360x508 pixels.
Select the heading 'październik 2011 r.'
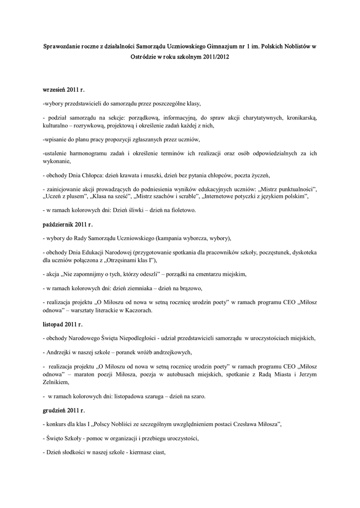[x=68, y=225]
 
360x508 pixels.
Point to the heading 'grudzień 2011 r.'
[x=64, y=411]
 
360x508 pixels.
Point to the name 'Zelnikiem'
[x=58, y=382]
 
